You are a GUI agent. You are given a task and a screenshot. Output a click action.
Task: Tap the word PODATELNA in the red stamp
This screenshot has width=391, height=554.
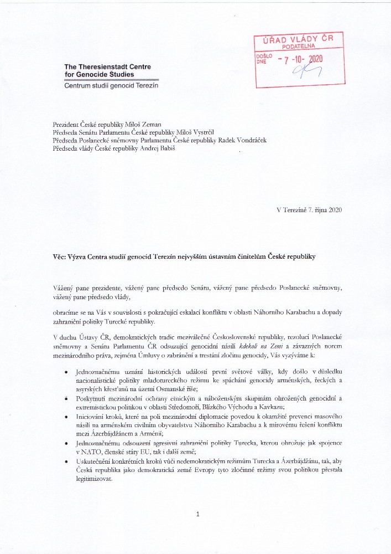298,48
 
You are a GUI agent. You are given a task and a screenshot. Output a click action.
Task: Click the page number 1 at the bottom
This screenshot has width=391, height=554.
197,515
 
